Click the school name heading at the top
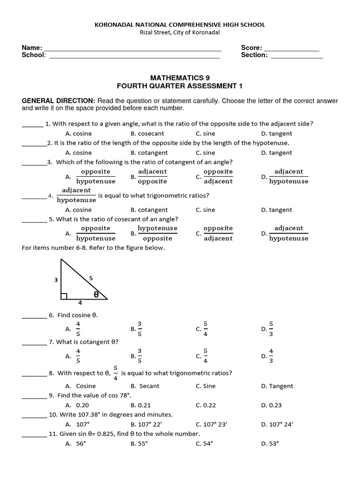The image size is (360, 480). click(180, 24)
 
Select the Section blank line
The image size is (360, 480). click(297, 56)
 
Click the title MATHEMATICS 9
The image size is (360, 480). click(180, 77)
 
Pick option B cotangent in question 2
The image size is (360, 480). click(149, 153)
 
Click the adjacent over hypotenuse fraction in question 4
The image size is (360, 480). click(76, 195)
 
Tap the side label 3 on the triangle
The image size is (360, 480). click(56, 280)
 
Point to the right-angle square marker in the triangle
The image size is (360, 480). click(63, 296)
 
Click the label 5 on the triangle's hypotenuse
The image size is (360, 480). click(91, 278)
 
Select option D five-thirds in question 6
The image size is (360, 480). click(270, 329)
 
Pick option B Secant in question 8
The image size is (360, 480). click(145, 386)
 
